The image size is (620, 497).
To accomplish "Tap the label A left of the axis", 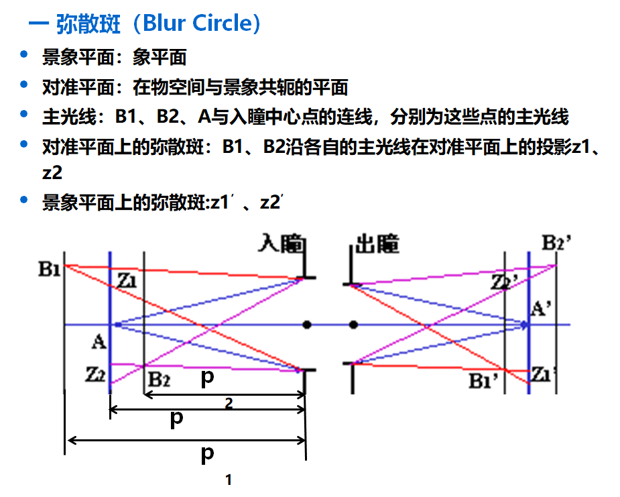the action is (x=99, y=343).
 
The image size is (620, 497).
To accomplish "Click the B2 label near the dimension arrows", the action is (x=160, y=379).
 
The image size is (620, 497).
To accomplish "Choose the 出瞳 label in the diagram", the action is (x=377, y=245).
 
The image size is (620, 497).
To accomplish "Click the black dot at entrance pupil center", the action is (x=307, y=325).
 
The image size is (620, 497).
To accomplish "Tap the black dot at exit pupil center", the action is (x=354, y=325).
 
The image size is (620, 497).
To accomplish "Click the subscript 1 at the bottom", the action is (x=229, y=480).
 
